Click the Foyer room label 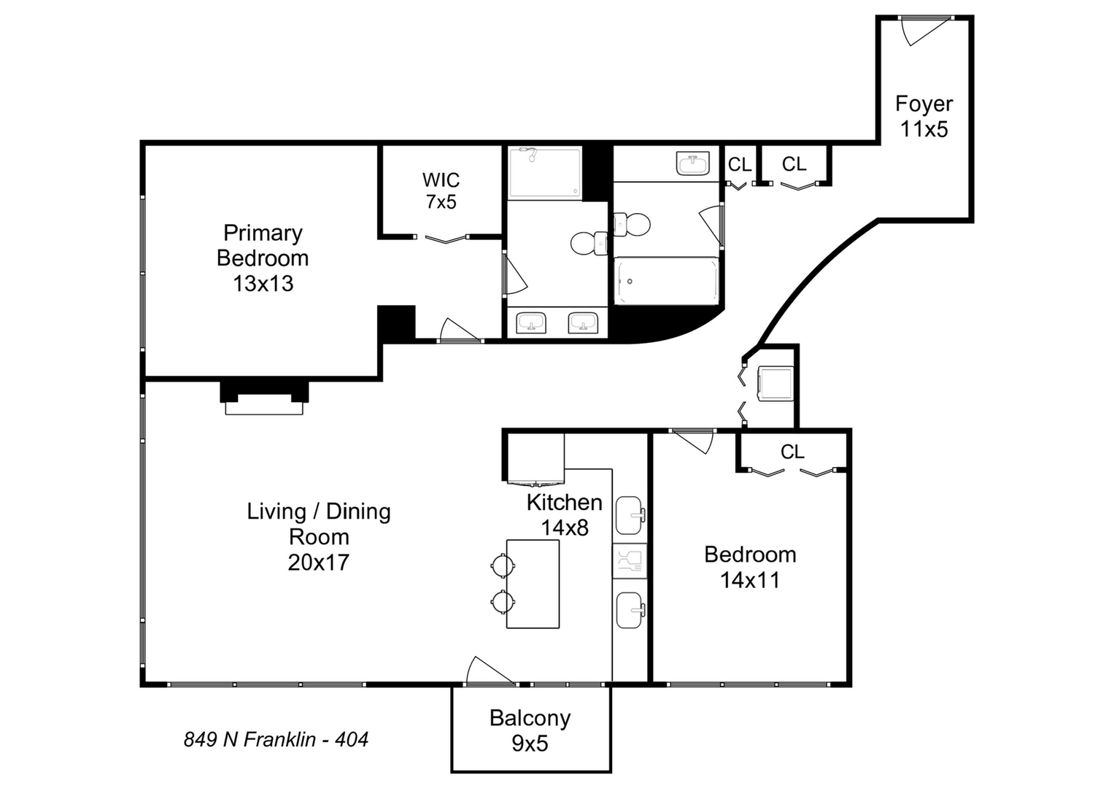click(x=924, y=104)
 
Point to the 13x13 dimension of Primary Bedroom click(x=263, y=283)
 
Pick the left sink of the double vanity click(x=531, y=322)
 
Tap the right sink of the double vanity click(x=583, y=322)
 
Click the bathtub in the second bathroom click(x=666, y=281)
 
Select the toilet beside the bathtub click(x=630, y=224)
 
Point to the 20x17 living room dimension click(x=318, y=563)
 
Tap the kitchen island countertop click(x=533, y=584)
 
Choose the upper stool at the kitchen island click(x=503, y=564)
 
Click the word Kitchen click(x=564, y=502)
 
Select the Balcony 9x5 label click(x=530, y=730)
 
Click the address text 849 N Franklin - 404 click(x=276, y=740)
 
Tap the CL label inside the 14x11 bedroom click(x=792, y=452)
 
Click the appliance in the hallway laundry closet click(x=775, y=383)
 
